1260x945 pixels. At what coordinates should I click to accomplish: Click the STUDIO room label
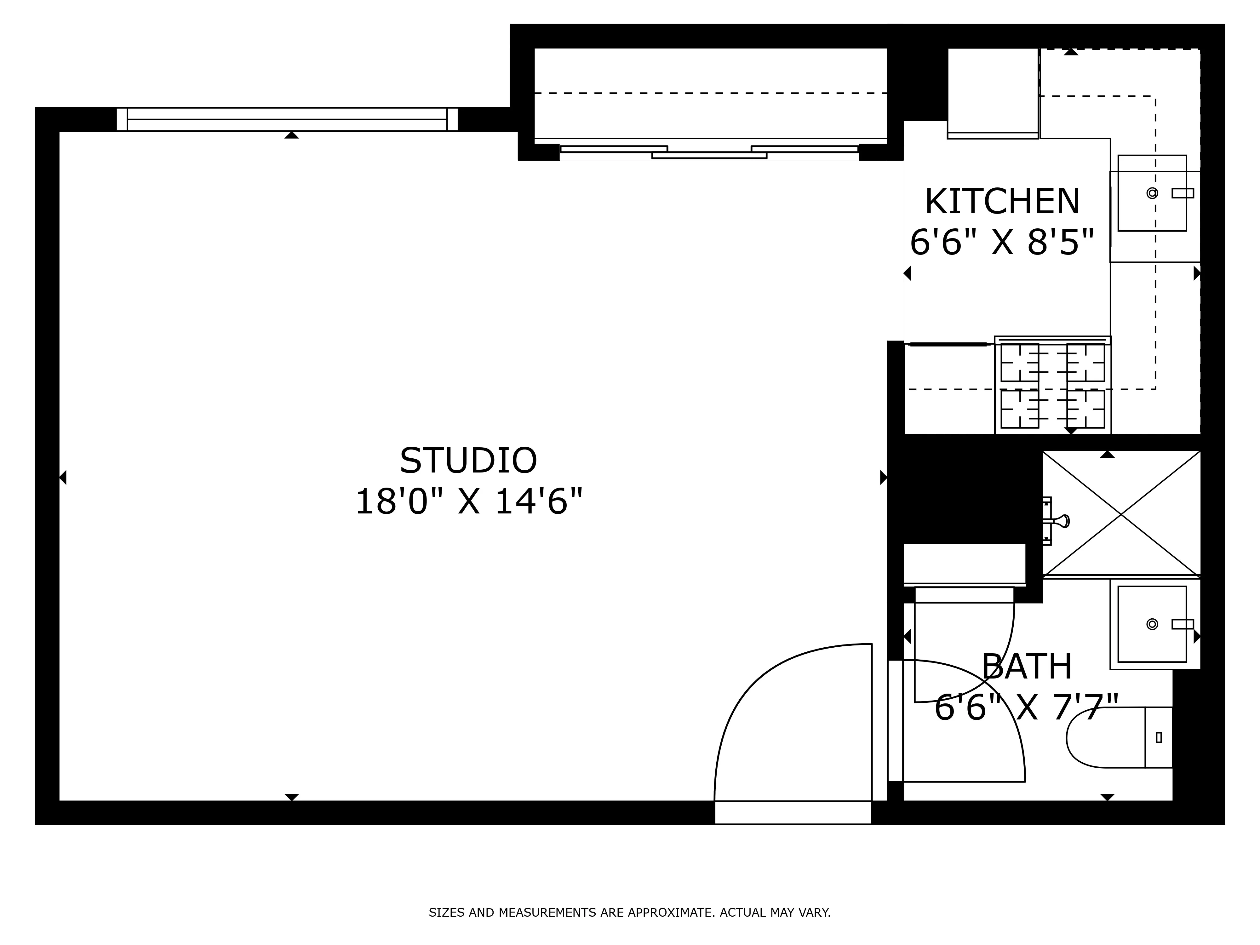click(468, 460)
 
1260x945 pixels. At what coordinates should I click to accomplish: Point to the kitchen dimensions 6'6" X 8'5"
click(1002, 243)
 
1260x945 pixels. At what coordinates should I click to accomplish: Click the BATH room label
click(1027, 667)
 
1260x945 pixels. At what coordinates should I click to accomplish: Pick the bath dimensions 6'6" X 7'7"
click(1027, 707)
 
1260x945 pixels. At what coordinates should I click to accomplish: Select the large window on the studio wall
click(287, 119)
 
